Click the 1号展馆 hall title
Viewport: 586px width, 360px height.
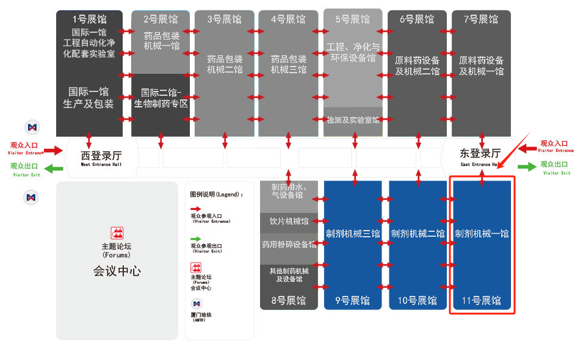pyautogui.click(x=89, y=19)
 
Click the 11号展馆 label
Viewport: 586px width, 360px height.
pyautogui.click(x=482, y=300)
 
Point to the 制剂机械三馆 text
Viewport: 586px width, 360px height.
pyautogui.click(x=353, y=234)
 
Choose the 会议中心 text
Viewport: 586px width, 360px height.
pyautogui.click(x=117, y=271)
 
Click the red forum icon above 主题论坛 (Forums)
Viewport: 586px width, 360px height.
pyautogui.click(x=117, y=232)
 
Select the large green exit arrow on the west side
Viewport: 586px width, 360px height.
pyautogui.click(x=54, y=169)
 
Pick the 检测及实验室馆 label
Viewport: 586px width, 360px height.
pyautogui.click(x=353, y=120)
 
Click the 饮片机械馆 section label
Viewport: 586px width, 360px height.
pyautogui.click(x=289, y=221)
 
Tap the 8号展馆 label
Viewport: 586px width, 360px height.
pyautogui.click(x=289, y=300)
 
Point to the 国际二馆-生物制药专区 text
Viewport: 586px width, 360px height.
pyautogui.click(x=161, y=98)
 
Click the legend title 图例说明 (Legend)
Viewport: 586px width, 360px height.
pyautogui.click(x=217, y=195)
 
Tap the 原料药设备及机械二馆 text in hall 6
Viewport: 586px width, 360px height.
pyautogui.click(x=417, y=66)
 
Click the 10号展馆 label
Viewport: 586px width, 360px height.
pyautogui.click(x=418, y=300)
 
